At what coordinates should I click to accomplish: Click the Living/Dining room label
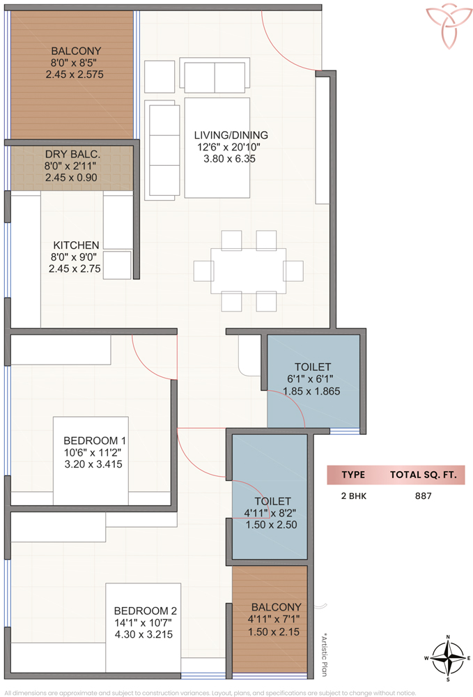[231, 135]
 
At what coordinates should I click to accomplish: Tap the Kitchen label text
[76, 245]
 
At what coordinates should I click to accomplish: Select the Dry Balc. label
[72, 154]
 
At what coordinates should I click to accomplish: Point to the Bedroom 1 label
[95, 441]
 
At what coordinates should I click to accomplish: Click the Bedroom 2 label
[145, 611]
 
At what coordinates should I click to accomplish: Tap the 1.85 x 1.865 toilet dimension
[312, 391]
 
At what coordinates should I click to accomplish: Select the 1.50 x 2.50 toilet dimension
[272, 525]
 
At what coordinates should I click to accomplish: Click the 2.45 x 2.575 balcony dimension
[75, 75]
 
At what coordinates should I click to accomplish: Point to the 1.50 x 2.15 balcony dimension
[274, 631]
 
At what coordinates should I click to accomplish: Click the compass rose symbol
[448, 659]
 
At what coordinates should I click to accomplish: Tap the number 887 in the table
[424, 496]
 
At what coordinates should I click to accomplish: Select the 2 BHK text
[354, 496]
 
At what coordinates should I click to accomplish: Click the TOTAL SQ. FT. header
[424, 475]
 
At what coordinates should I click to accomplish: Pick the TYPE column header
[353, 475]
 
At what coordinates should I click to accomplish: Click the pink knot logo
[449, 26]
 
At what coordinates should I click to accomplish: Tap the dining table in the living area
[248, 270]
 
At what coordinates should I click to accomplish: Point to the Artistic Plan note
[325, 654]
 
